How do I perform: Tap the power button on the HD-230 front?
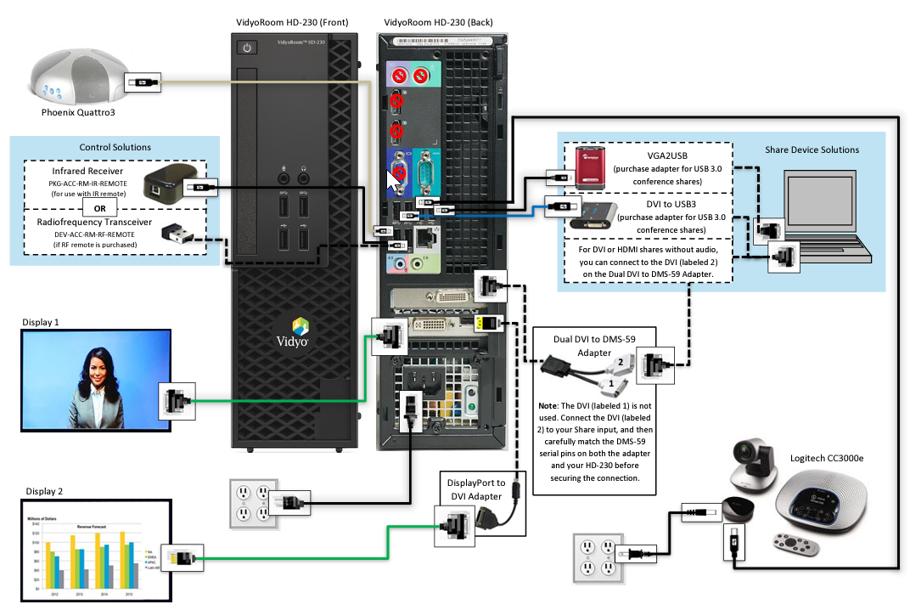tap(247, 48)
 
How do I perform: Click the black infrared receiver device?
tap(163, 182)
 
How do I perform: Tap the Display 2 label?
tap(43, 491)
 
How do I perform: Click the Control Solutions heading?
tap(115, 147)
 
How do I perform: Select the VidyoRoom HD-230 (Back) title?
tap(438, 22)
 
